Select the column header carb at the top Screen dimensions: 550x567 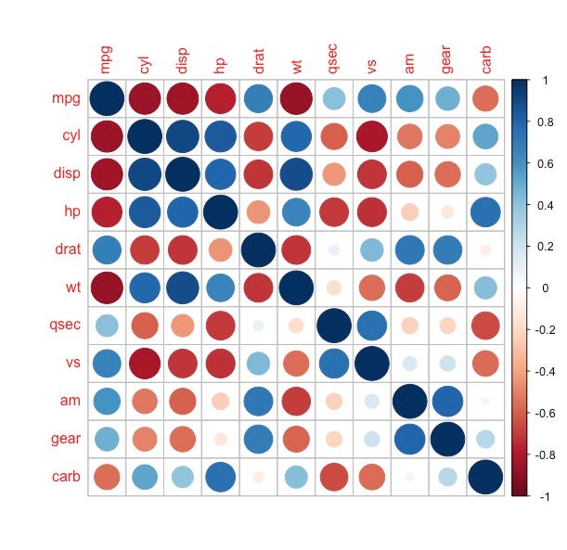click(x=483, y=57)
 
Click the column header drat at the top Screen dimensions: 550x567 click(x=257, y=58)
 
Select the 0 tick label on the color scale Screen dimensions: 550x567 click(x=544, y=288)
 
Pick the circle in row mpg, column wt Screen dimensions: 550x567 click(x=296, y=98)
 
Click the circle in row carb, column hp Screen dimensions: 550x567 click(x=220, y=477)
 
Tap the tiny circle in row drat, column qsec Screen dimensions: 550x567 click(x=334, y=250)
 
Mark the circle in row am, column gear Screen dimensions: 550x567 click(x=447, y=401)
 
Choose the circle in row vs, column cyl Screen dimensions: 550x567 click(x=145, y=364)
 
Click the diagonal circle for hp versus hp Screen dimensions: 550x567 click(x=220, y=212)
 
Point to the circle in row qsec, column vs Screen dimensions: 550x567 click(x=371, y=326)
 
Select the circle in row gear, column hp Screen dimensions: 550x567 click(x=220, y=439)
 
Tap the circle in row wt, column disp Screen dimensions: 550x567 click(x=183, y=288)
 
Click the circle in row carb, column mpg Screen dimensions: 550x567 click(x=107, y=477)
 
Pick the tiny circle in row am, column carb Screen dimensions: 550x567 click(x=484, y=401)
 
